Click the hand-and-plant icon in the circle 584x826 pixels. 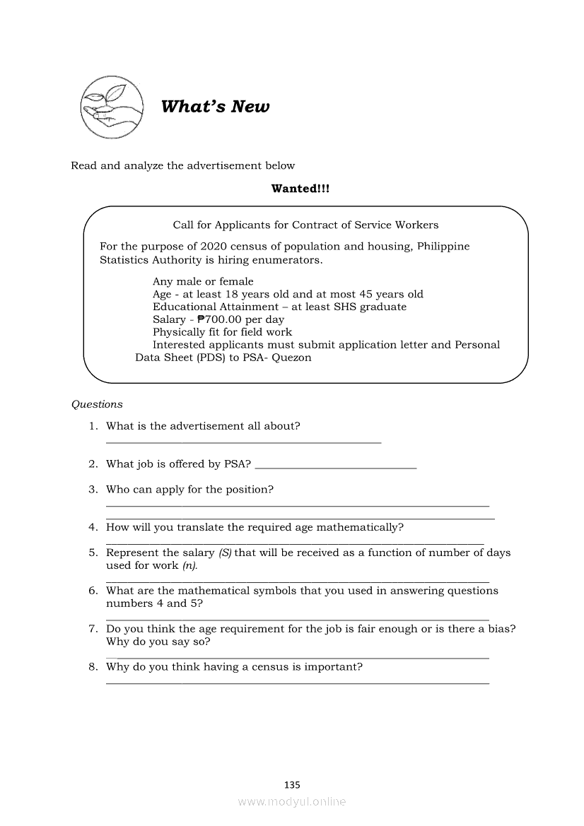click(x=110, y=107)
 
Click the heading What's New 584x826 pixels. click(x=215, y=107)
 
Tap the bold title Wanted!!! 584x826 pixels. click(x=300, y=189)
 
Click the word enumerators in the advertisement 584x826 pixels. click(x=288, y=259)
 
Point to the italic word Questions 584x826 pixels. click(x=97, y=404)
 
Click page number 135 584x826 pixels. click(x=292, y=784)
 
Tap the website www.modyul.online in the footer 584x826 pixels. click(x=292, y=801)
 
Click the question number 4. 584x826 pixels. click(x=93, y=527)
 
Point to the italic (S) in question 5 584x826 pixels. click(x=225, y=553)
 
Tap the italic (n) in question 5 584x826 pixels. click(x=189, y=565)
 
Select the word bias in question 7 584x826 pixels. click(x=502, y=629)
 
